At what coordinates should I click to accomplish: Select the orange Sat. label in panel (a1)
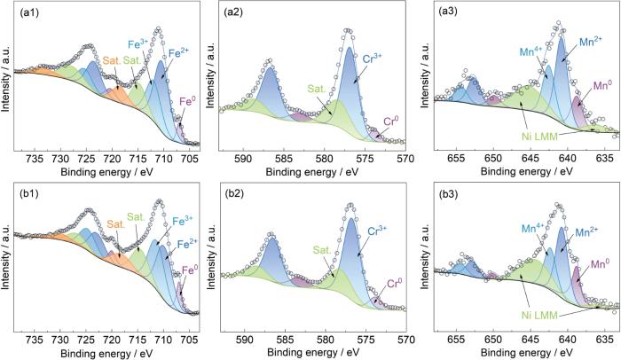[111, 61]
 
